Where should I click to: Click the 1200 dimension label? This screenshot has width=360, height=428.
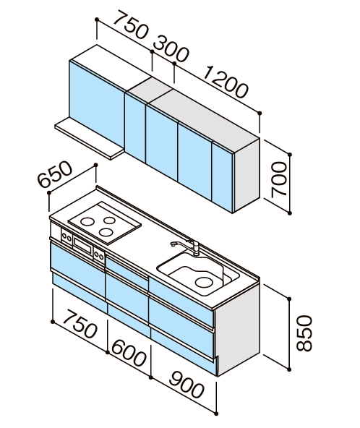click(226, 82)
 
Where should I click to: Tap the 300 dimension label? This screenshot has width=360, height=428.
click(171, 48)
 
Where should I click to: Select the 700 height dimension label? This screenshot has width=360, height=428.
click(279, 179)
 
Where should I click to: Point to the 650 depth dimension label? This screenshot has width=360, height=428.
click(55, 174)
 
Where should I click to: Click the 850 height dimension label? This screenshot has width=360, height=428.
click(304, 333)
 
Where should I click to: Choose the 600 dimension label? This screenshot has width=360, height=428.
click(128, 352)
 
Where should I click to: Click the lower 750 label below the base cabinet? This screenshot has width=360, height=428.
click(80, 323)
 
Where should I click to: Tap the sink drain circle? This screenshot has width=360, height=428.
click(204, 282)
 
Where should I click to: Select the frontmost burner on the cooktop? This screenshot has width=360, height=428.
click(106, 232)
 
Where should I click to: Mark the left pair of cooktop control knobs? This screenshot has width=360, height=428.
click(67, 237)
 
